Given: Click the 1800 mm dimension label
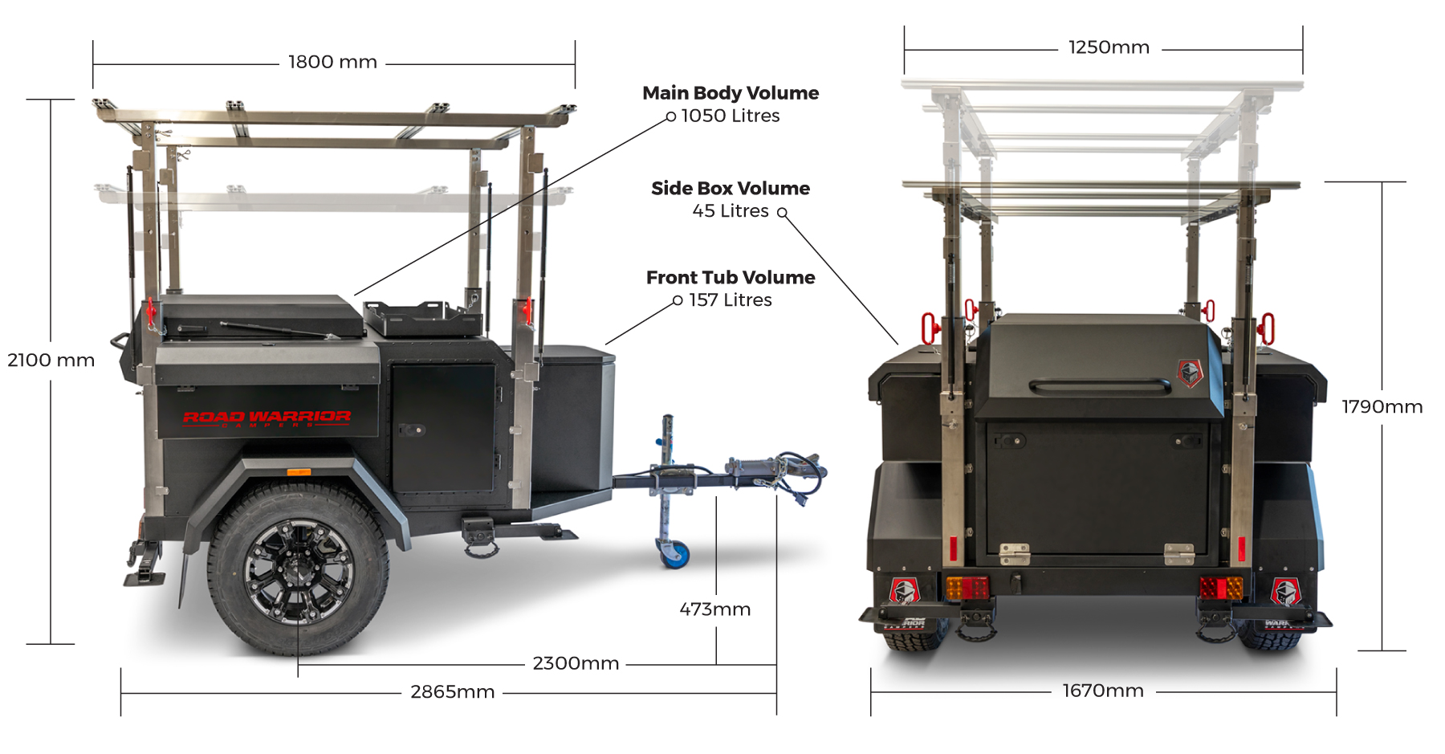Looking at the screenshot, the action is [332, 62].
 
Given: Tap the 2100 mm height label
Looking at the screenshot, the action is [51, 360].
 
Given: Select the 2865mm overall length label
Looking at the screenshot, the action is [452, 692].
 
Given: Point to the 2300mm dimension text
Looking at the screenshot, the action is [576, 663].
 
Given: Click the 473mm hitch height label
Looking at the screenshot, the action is [714, 609].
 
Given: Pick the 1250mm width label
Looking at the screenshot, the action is [1109, 47].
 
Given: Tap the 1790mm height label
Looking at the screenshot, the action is [1382, 407].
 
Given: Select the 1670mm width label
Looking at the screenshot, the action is [1103, 691].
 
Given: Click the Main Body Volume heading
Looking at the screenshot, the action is [731, 93].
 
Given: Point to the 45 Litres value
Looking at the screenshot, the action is [731, 211].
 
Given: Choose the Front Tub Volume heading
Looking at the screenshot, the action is [731, 278].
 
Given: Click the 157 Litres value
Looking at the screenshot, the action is [731, 300].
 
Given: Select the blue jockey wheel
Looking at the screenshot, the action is [677, 553].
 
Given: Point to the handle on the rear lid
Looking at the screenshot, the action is [1099, 386].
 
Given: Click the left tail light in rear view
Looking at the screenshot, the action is [968, 588].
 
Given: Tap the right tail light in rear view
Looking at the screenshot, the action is [1221, 588].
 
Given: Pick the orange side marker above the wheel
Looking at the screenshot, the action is [299, 472].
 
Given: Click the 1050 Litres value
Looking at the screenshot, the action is [731, 116].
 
